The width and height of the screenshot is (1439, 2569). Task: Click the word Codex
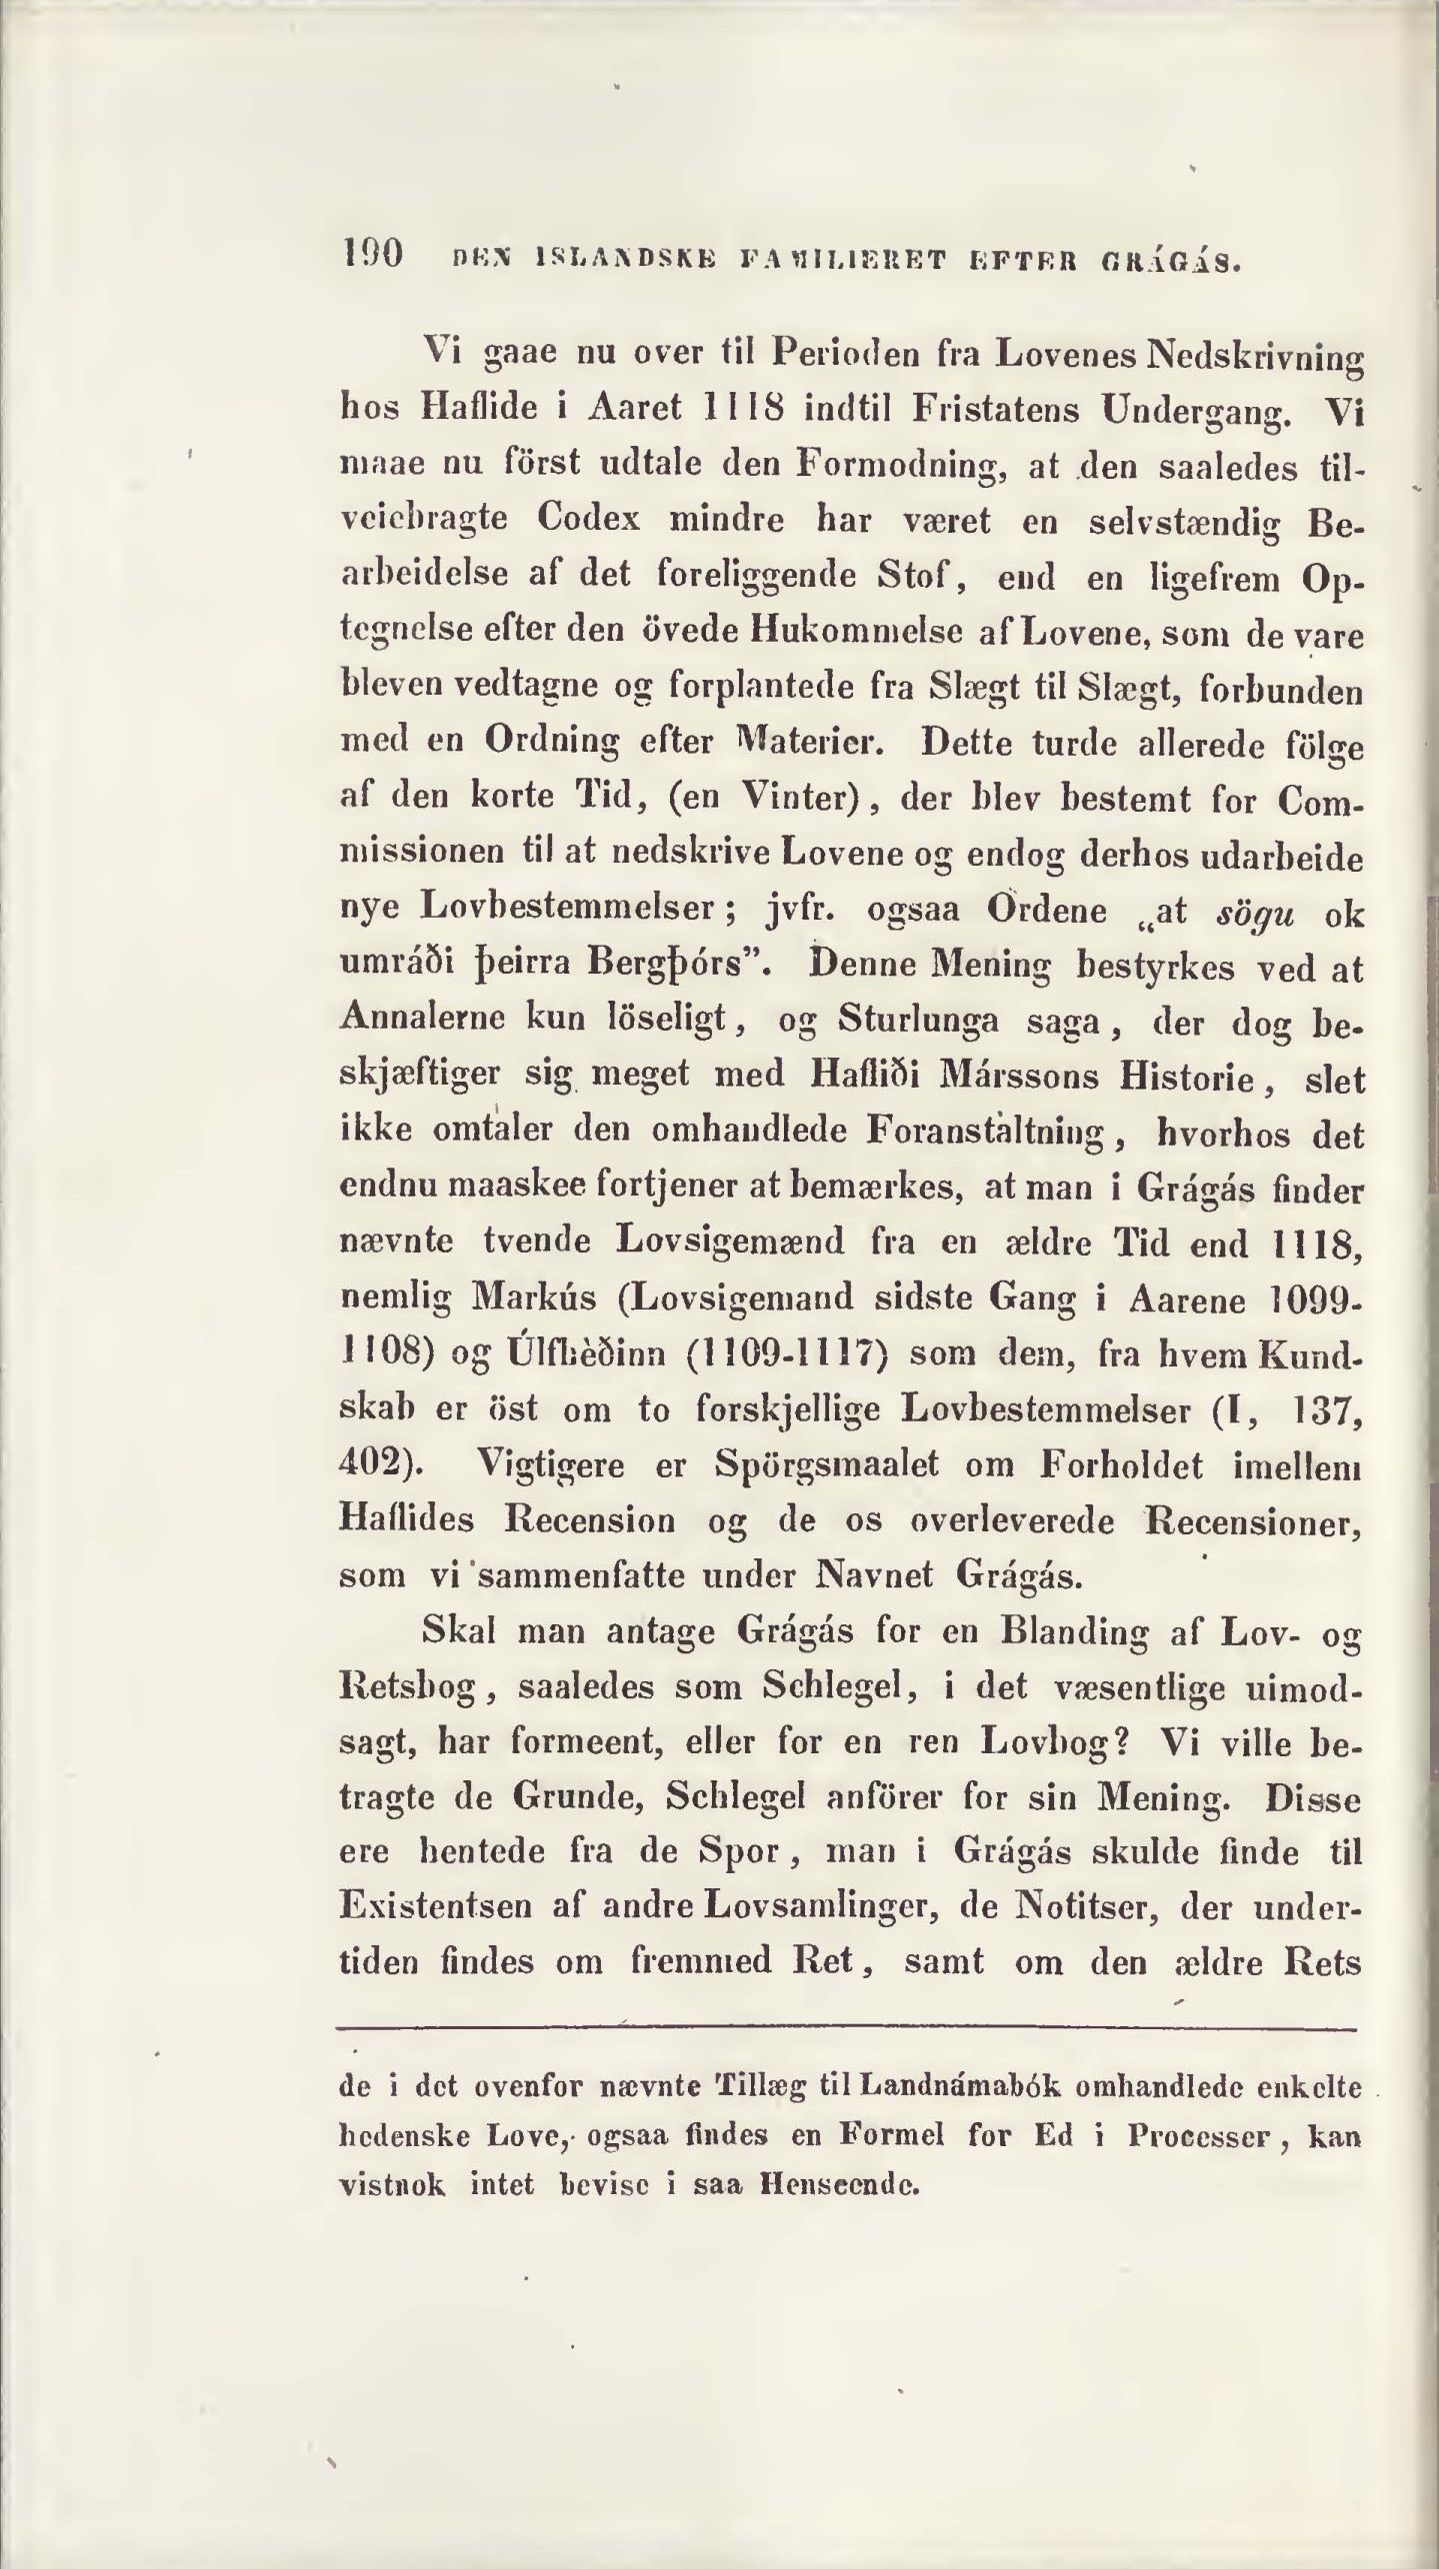click(590, 520)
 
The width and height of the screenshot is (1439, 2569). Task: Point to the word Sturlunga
click(918, 1022)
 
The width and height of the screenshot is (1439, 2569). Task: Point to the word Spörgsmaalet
click(828, 1465)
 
